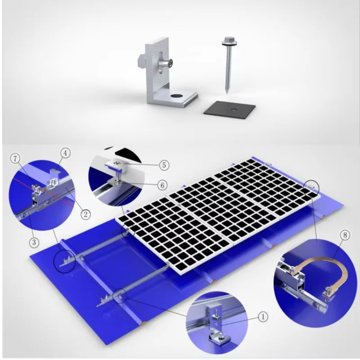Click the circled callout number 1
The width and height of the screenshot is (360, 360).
pyautogui.click(x=263, y=317)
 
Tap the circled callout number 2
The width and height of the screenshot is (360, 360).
pyautogui.click(x=85, y=215)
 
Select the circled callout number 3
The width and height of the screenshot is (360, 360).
pyautogui.click(x=34, y=242)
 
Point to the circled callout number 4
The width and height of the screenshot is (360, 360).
pyautogui.click(x=65, y=153)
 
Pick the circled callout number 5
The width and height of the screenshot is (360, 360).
pyautogui.click(x=164, y=165)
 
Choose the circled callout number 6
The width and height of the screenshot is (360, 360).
pyautogui.click(x=162, y=185)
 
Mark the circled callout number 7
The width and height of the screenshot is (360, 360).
pyautogui.click(x=15, y=159)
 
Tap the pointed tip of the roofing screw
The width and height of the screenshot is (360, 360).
pyautogui.click(x=227, y=93)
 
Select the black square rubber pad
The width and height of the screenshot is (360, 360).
pyautogui.click(x=229, y=110)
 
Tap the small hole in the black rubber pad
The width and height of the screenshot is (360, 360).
pyautogui.click(x=234, y=109)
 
